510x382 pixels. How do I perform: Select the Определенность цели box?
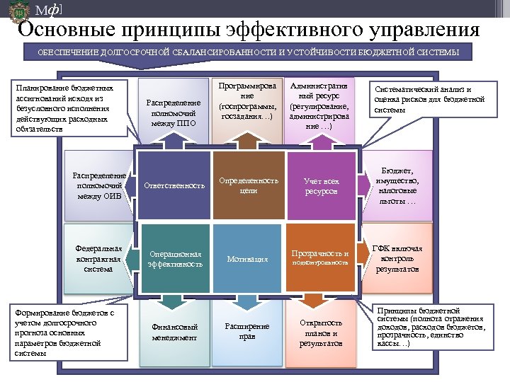point(249,185)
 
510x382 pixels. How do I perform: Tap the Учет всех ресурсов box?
point(321,186)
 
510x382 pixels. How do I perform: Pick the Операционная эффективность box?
point(175,258)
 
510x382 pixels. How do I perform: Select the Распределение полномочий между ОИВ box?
point(100,185)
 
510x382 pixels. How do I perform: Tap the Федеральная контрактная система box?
point(100,258)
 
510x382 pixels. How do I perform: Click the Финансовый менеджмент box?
point(175,332)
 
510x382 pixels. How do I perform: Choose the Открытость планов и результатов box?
point(321,332)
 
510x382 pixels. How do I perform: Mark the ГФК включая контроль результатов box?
point(397,258)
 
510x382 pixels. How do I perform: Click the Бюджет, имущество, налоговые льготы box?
point(397,185)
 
